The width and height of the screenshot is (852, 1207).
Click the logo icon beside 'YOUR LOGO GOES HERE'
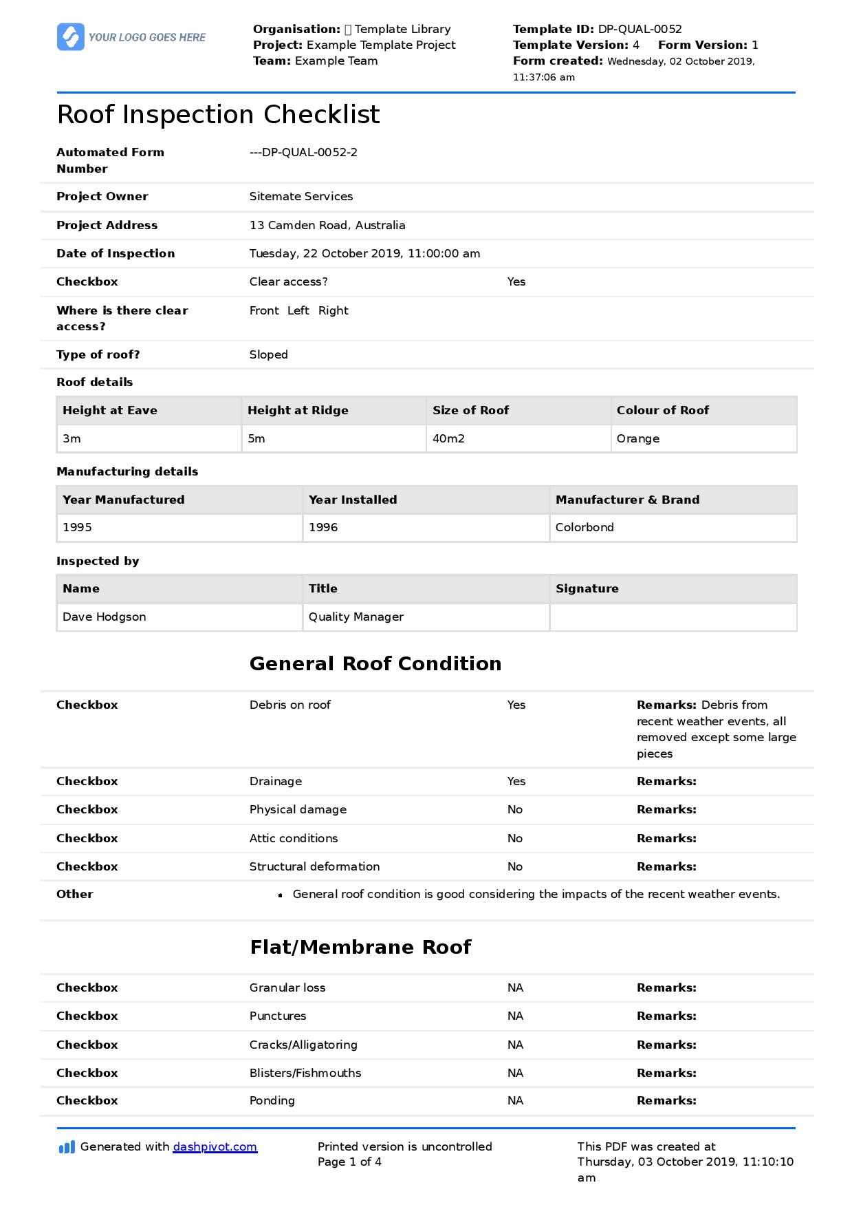(x=70, y=36)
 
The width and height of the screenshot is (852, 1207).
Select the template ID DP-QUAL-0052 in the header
(x=640, y=29)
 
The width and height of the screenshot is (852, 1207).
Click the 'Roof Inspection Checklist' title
(x=218, y=114)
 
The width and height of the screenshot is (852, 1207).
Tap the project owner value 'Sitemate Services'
(x=301, y=196)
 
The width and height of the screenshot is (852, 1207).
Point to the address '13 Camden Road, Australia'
(x=327, y=225)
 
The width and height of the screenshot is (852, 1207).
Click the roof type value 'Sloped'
(x=268, y=354)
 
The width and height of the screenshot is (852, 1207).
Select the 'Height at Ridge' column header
(x=298, y=410)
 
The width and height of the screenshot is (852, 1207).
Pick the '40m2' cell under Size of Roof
(x=448, y=438)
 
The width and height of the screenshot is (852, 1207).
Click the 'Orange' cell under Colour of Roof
(x=637, y=438)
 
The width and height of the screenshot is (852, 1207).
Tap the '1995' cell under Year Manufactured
(x=77, y=527)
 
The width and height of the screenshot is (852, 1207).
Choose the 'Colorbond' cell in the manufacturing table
(x=585, y=527)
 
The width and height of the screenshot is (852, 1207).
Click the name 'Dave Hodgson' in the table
(x=104, y=617)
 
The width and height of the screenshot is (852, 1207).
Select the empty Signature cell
(x=673, y=617)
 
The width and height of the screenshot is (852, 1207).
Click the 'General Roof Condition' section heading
(x=375, y=663)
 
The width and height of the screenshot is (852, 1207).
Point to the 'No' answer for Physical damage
(x=515, y=809)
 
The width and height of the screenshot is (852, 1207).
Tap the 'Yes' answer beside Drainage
(x=516, y=781)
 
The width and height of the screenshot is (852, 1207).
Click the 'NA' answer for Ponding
(x=515, y=1100)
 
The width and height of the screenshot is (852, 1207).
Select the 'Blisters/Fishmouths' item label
(x=305, y=1073)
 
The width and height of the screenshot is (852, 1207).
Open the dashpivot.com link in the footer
(x=215, y=1146)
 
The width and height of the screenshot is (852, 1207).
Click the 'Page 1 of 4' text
(x=349, y=1162)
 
